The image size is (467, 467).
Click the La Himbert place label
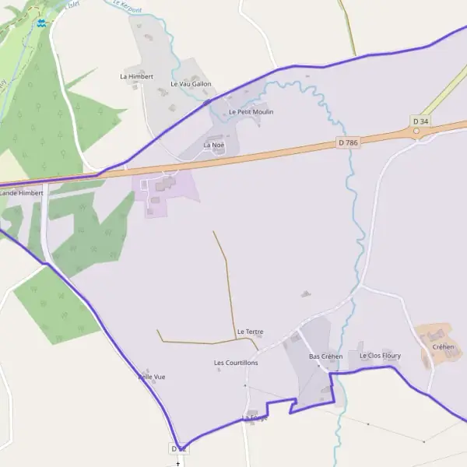tap(137, 76)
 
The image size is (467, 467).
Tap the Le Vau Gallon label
tap(191, 83)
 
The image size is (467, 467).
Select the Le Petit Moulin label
tap(251, 111)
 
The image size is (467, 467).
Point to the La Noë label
tap(213, 145)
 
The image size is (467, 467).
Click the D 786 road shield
tap(347, 142)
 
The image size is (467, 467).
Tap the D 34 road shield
tap(420, 121)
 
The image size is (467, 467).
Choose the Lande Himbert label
tap(21, 191)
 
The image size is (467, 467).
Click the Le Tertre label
tap(250, 332)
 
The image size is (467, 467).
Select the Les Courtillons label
tap(236, 363)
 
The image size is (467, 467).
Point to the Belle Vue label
tap(151, 377)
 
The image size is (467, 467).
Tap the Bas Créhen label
tap(325, 356)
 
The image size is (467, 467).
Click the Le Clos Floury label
tap(380, 355)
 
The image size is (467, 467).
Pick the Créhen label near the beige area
tap(443, 346)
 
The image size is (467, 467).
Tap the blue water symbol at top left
tap(41, 23)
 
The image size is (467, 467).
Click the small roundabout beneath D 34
tap(416, 131)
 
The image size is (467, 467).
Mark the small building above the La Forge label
tap(251, 412)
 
